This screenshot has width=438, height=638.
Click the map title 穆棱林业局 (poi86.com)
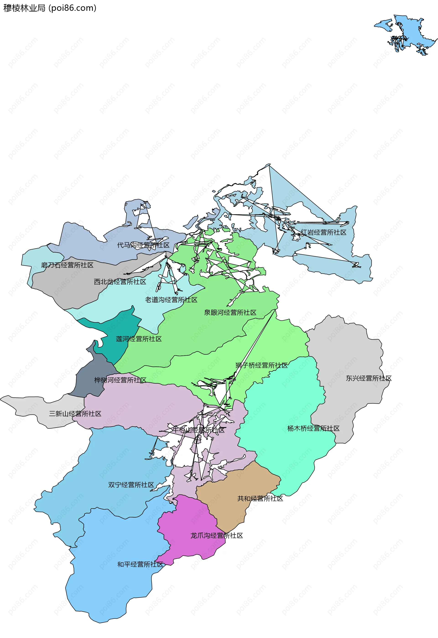(50, 8)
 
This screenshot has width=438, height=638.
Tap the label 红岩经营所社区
(323, 233)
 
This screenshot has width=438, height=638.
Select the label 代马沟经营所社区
(143, 245)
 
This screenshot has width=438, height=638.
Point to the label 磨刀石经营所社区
(67, 265)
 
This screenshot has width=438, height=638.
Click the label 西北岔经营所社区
(120, 282)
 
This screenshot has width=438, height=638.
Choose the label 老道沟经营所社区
(171, 300)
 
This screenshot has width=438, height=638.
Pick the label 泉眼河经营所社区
(230, 313)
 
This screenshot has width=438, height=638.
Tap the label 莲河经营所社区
(139, 339)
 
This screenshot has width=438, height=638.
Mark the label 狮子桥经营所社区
(261, 365)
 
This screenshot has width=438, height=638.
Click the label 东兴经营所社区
(368, 378)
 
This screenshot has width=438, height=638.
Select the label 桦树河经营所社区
(120, 380)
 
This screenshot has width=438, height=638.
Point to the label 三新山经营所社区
(75, 414)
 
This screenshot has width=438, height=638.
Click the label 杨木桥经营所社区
(313, 428)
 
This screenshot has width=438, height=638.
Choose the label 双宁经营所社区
(131, 485)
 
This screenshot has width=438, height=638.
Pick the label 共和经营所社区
(260, 498)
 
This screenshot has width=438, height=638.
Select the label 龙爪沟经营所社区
(217, 536)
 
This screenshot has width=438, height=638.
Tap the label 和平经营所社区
(140, 564)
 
